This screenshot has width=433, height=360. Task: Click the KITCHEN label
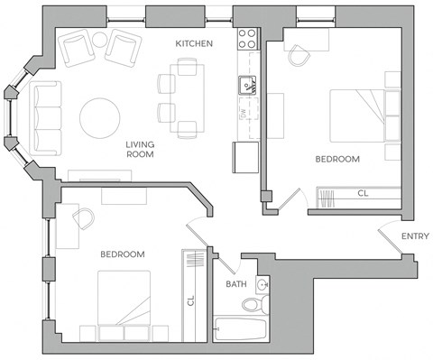tap(194, 43)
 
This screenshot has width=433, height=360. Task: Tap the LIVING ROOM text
tap(139, 149)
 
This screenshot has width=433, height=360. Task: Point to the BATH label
tap(236, 285)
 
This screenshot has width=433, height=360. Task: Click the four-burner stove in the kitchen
tap(246, 38)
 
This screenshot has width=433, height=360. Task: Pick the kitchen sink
tap(246, 86)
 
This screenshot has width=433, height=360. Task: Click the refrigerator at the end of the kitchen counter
tap(246, 157)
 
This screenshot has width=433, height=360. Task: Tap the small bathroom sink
tap(262, 285)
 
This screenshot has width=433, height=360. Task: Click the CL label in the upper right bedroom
tap(363, 193)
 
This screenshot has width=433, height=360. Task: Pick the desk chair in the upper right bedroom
tap(299, 56)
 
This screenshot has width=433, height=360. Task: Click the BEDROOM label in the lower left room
tap(123, 255)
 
